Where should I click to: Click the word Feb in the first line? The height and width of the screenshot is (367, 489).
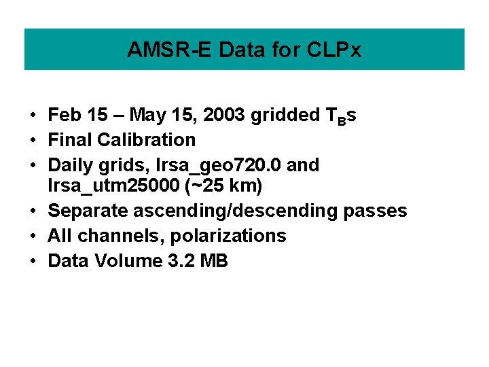(x=63, y=116)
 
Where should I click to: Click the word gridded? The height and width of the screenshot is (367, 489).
(x=282, y=116)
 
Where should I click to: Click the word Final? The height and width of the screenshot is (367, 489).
(x=70, y=140)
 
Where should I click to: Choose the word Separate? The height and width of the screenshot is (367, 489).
(x=88, y=211)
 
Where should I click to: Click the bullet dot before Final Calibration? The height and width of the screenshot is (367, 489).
(x=33, y=141)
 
